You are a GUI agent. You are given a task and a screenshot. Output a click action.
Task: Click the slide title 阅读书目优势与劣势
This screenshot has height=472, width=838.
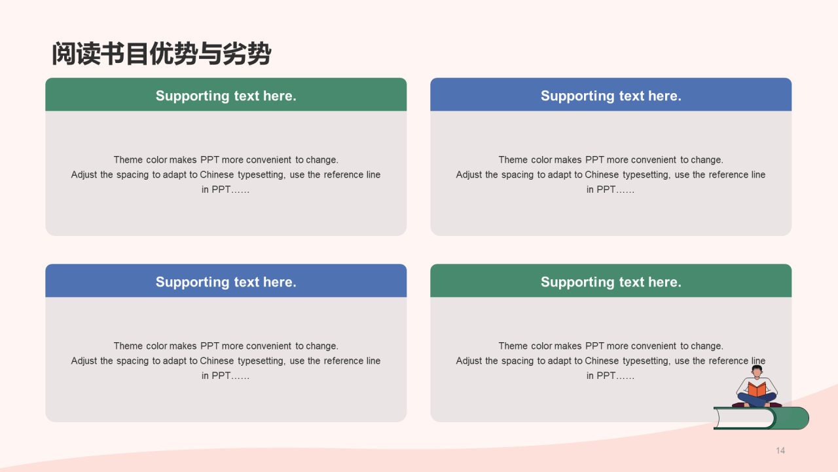161,54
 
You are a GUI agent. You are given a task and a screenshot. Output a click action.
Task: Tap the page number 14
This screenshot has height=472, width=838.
780,450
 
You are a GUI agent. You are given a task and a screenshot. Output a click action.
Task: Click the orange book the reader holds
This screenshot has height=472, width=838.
757,389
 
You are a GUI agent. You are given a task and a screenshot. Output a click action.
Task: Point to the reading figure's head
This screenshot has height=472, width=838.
757,371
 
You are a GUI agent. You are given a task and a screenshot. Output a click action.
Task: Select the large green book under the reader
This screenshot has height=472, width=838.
761,418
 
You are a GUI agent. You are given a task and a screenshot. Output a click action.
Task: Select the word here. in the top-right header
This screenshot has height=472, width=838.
665,96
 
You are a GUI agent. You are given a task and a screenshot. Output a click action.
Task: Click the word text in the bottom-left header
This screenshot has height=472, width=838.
247,282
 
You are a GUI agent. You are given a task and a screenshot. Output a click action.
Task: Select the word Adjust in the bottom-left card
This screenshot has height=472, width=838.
84,361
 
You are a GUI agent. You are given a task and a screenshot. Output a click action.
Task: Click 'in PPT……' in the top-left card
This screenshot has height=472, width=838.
225,189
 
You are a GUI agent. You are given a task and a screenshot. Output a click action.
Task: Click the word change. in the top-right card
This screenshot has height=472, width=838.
707,159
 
